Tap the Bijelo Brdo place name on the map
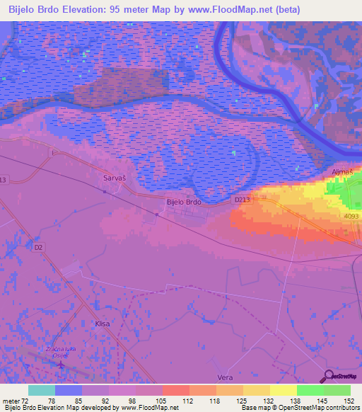point(184,202)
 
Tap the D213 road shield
point(242,200)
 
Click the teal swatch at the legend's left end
point(41,390)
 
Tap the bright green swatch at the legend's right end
point(337,390)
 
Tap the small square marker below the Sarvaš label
point(104,191)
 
